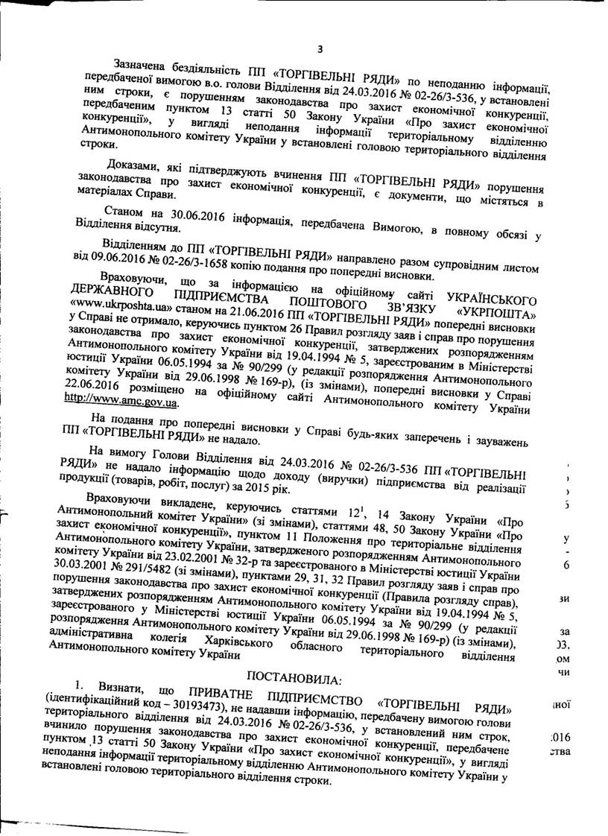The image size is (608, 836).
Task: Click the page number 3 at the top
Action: point(319,50)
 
